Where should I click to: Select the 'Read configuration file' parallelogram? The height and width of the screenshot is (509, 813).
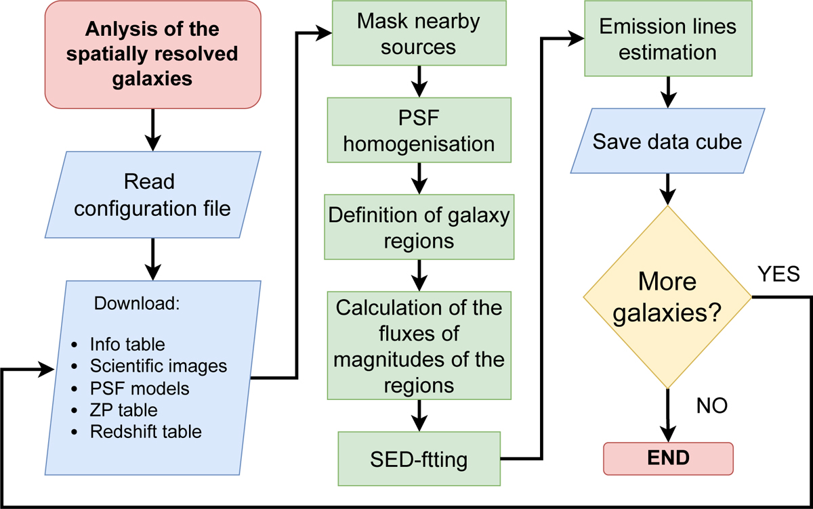[152, 195]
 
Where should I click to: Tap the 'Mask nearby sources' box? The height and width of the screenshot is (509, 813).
[418, 33]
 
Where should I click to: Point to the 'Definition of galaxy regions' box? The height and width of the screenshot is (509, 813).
[418, 227]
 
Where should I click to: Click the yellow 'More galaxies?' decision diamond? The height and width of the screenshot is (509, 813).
[669, 298]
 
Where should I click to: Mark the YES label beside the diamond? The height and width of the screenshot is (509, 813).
[780, 275]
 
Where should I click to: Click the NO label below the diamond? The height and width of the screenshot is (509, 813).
[711, 406]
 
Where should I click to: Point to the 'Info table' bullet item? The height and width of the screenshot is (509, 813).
[127, 344]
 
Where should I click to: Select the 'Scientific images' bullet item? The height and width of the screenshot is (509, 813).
[158, 366]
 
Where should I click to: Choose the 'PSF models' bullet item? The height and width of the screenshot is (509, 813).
[140, 389]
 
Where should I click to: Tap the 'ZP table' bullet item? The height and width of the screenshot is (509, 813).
[123, 410]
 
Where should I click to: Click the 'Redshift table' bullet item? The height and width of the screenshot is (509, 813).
[146, 431]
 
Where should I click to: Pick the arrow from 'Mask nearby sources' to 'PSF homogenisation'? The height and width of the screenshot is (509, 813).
[418, 80]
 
